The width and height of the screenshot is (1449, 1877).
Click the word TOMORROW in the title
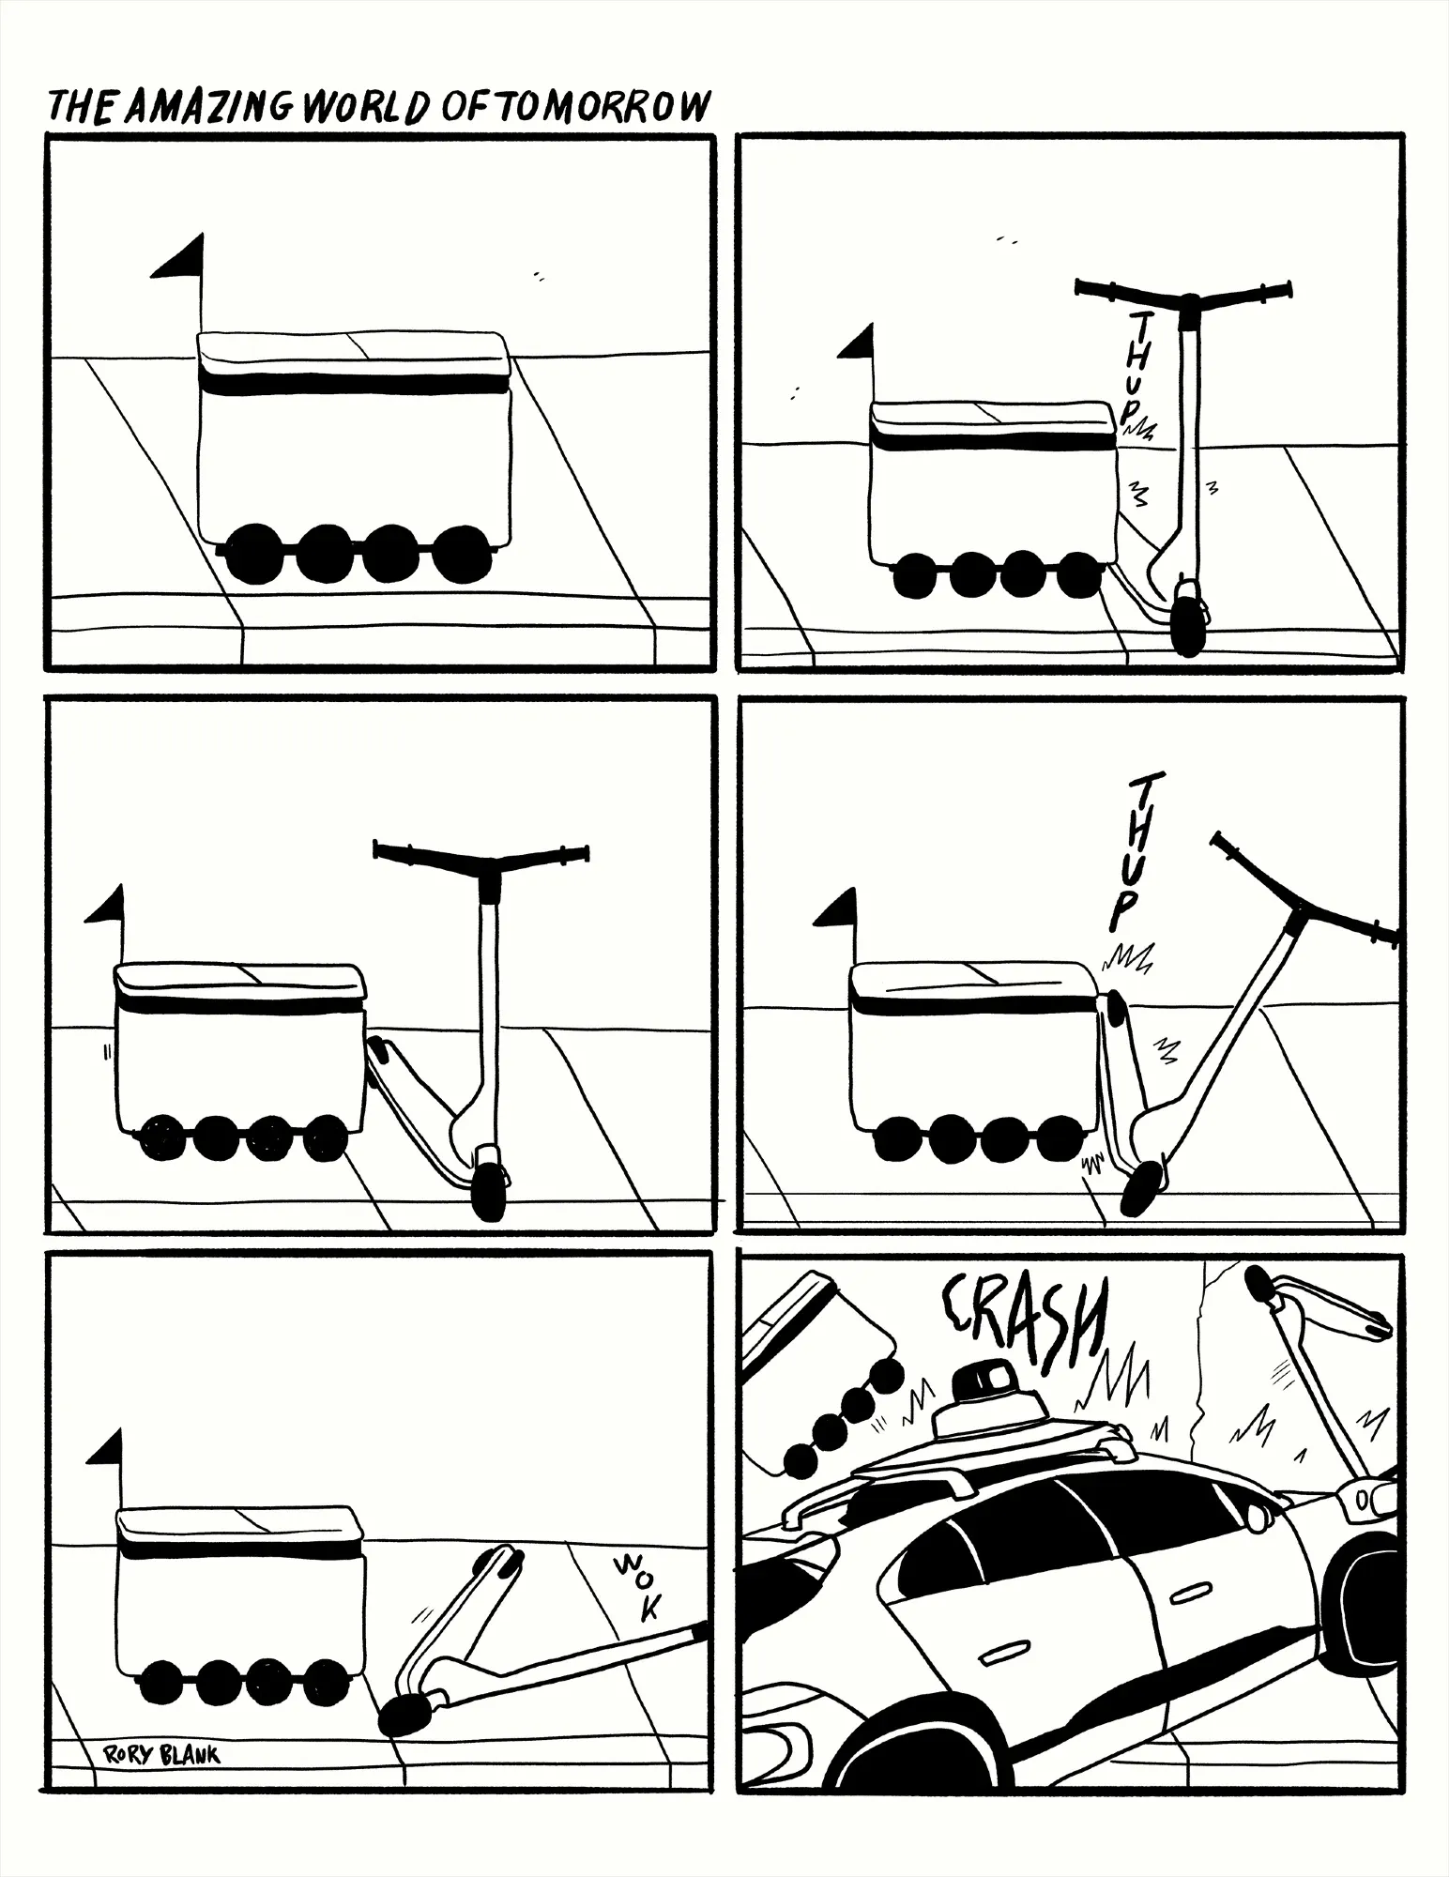pos(598,108)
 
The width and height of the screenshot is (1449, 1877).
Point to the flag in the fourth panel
pos(837,908)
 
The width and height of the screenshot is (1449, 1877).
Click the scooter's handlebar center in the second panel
pos(1189,301)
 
